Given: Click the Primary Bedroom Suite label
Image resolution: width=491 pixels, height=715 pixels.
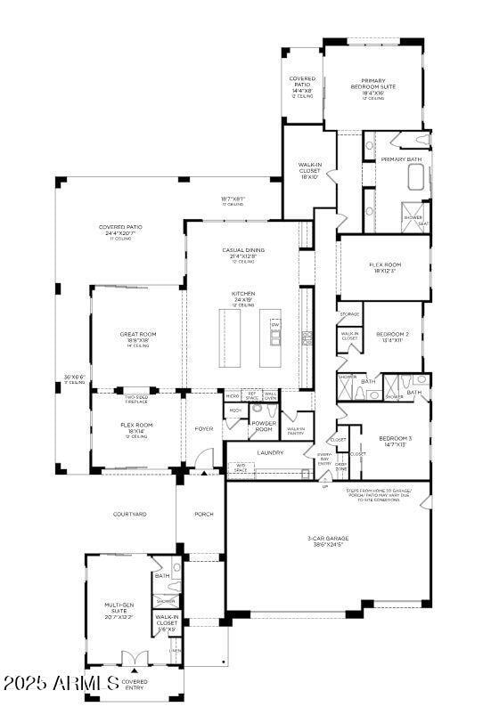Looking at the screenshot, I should (x=372, y=84).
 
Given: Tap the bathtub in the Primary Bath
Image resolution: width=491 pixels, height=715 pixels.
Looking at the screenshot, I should (x=415, y=176).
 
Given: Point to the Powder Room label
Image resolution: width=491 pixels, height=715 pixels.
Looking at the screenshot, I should (x=262, y=426).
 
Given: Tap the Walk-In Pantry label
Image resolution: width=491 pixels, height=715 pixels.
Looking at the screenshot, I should (x=296, y=431).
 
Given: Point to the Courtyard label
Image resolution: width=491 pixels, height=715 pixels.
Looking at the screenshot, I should (x=129, y=514).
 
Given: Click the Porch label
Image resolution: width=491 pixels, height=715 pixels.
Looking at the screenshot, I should (x=203, y=514).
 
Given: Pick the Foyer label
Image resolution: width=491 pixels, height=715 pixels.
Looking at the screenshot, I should (x=204, y=428).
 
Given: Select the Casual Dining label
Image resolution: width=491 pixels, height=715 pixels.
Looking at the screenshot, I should (x=243, y=251).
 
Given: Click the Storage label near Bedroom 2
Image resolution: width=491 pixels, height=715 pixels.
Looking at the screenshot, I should (x=349, y=314).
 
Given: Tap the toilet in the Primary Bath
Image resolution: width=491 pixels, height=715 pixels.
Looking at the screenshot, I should (x=421, y=140).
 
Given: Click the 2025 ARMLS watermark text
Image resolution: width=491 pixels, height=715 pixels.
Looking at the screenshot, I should (x=60, y=684).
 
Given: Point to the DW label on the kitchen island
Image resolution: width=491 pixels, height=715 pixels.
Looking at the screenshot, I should (x=274, y=325).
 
